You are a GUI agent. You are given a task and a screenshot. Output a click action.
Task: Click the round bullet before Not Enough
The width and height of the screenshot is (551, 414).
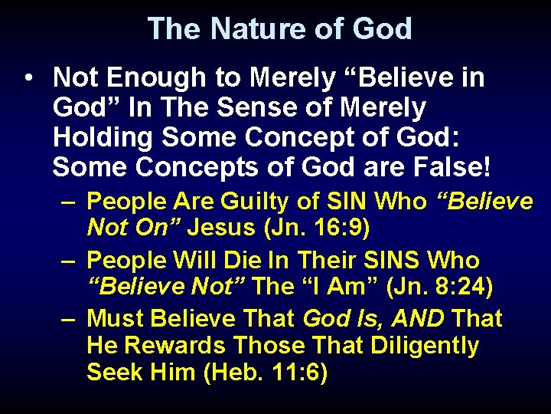point(28,79)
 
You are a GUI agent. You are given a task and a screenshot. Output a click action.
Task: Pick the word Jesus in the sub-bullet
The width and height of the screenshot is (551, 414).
point(221,228)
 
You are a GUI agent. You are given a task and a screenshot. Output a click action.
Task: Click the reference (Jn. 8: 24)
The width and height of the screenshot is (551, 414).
point(440,287)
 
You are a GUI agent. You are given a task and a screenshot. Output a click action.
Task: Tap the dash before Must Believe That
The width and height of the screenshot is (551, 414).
point(70,317)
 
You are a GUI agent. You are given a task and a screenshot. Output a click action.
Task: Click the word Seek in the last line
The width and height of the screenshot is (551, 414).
point(115,373)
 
